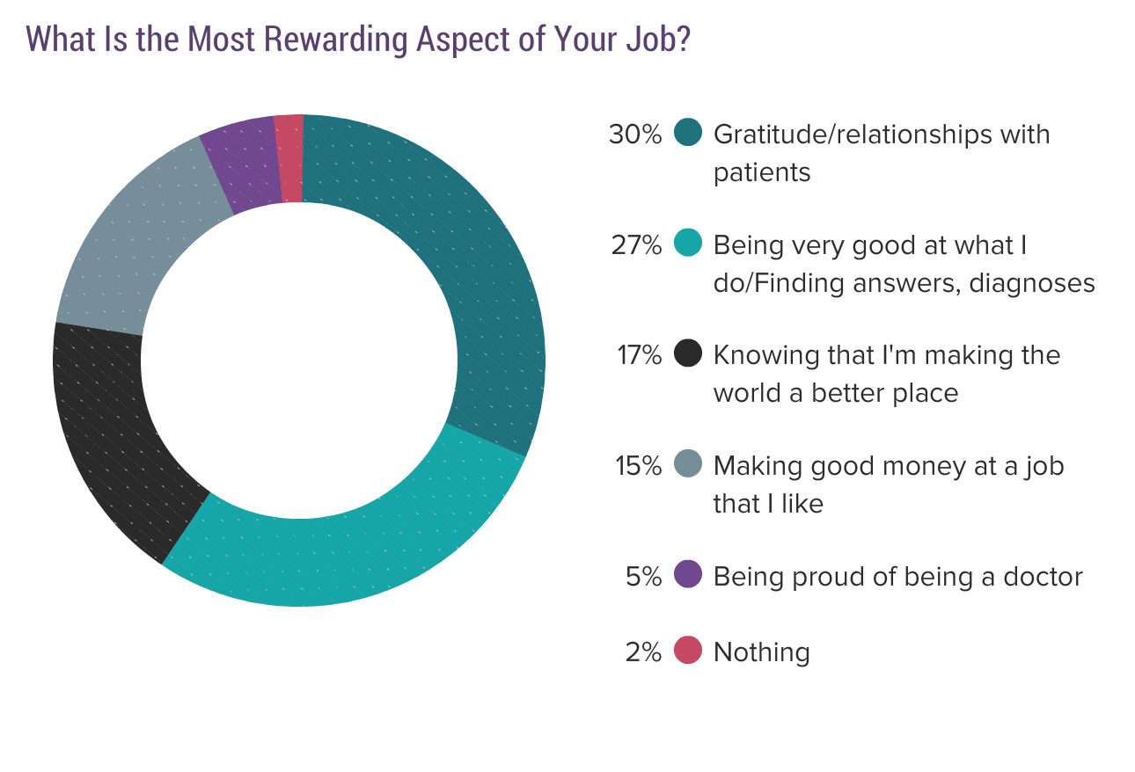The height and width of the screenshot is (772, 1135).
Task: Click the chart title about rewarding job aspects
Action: (x=357, y=39)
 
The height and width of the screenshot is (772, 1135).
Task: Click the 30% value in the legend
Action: (x=634, y=135)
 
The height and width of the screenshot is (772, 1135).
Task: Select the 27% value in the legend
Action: (x=635, y=244)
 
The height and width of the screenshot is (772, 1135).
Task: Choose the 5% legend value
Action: (x=643, y=576)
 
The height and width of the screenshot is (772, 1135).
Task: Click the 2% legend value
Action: (x=643, y=652)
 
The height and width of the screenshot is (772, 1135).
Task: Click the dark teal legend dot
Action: (x=688, y=134)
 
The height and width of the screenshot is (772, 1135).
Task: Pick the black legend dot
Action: (x=688, y=353)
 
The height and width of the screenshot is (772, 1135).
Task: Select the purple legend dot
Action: (x=688, y=575)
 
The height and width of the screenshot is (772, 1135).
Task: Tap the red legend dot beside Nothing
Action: (x=688, y=651)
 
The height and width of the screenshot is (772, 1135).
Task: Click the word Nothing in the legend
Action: (x=761, y=652)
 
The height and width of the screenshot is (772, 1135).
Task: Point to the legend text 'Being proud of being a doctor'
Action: (x=897, y=576)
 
